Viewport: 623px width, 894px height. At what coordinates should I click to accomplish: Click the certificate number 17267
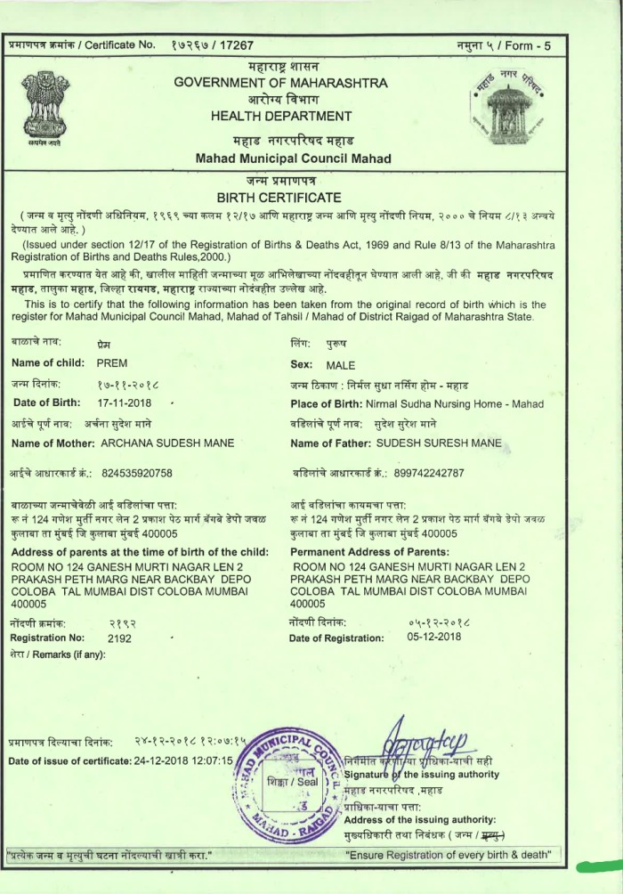click(236, 45)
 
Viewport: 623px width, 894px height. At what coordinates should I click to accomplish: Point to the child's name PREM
click(112, 364)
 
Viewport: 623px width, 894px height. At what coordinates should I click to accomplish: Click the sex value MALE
click(341, 365)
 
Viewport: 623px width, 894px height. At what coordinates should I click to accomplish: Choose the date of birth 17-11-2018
click(125, 403)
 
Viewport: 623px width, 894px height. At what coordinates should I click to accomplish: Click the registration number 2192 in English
click(119, 638)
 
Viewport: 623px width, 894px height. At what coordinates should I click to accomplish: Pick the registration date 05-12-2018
click(433, 637)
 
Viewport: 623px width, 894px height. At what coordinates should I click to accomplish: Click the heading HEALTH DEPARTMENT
click(280, 116)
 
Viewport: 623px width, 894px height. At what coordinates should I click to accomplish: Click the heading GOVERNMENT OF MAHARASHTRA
click(280, 83)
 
